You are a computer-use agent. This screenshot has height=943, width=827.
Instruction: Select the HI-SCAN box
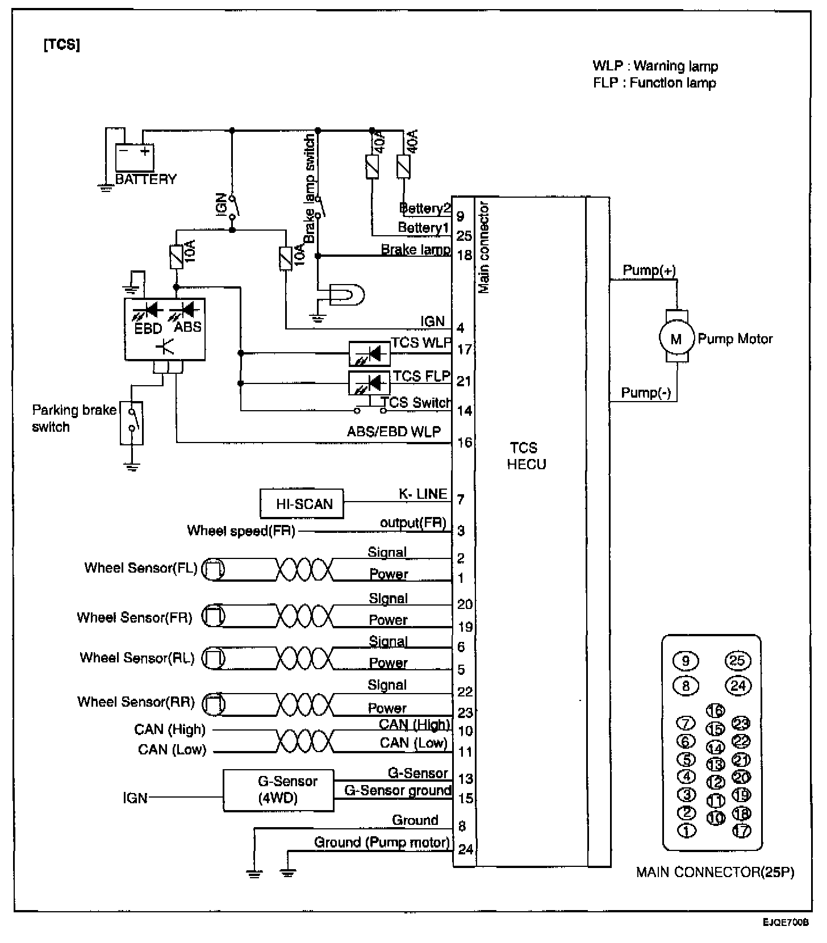pos(302,503)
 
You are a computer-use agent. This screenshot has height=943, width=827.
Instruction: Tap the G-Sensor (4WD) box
pos(278,790)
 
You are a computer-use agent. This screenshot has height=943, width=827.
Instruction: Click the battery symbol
pos(135,157)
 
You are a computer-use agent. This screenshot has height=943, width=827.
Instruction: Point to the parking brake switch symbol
pos(132,423)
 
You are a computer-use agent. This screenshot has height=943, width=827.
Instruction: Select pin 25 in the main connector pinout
pos(738,661)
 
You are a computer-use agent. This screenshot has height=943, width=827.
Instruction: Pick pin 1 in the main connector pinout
pos(687,831)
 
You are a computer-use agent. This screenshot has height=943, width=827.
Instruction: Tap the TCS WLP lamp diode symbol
pos(369,354)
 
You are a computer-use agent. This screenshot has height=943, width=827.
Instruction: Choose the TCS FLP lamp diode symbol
pos(369,383)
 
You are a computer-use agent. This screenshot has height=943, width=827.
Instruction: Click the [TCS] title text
pos(61,45)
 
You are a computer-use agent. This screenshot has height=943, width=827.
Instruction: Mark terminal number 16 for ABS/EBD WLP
pos(465,442)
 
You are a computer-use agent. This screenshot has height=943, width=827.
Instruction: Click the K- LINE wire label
pos(423,494)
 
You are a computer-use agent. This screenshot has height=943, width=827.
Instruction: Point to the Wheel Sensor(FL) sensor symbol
pos(214,569)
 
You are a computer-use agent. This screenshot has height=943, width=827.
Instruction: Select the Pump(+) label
pos(649,270)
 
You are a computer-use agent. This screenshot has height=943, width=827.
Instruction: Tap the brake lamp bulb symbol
pos(346,295)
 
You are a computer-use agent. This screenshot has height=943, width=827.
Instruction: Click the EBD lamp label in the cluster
pos(148,328)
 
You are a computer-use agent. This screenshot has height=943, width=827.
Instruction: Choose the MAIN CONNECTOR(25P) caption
pos(715,872)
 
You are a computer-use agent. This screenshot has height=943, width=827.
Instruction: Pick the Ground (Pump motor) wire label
pos(382,842)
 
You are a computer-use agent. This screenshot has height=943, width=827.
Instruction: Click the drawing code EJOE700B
pos(787,923)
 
